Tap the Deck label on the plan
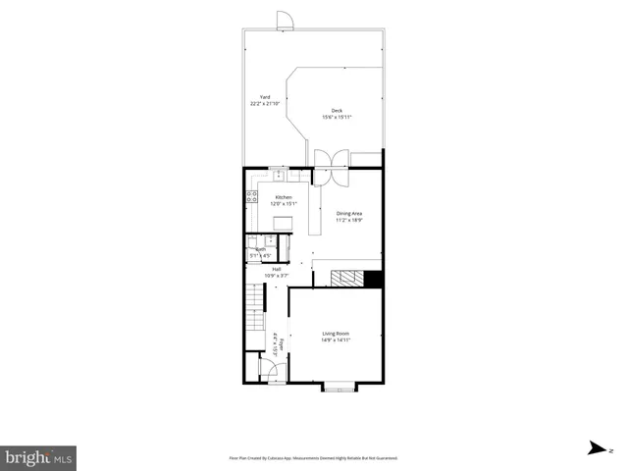pos(337,111)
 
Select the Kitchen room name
pos(283,197)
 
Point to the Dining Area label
pos(349,214)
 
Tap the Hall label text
pos(277,269)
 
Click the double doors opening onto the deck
pos(331,166)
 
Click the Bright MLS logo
pos(39,457)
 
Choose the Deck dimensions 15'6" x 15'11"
pos(337,118)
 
